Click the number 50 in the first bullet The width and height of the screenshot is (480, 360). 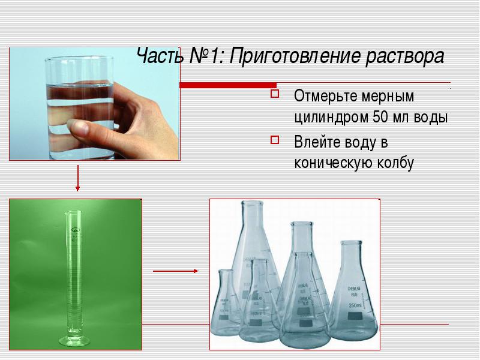tap(380, 117)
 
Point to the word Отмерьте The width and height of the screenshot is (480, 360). tap(326, 96)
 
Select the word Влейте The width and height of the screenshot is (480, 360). tap(317, 142)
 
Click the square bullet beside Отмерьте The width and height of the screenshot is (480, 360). tap(275, 94)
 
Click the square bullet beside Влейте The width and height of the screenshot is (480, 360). tap(275, 140)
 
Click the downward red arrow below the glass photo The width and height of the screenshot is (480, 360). tap(77, 178)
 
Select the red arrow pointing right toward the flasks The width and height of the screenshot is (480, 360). tap(176, 271)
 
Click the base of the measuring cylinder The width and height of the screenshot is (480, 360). tap(74, 340)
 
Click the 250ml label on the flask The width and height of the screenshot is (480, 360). tap(355, 305)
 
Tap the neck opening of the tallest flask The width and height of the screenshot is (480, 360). tap(251, 203)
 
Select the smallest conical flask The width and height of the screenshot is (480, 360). tap(226, 302)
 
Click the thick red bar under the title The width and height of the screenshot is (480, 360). tap(228, 85)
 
